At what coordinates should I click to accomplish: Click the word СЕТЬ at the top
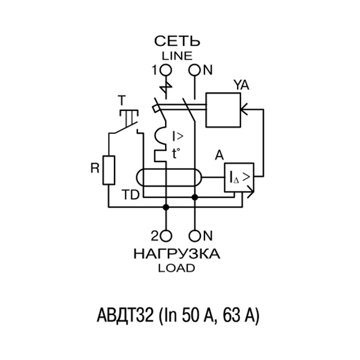point(178,41)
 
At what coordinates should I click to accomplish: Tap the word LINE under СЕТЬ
point(178,56)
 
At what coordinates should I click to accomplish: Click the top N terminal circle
point(195,71)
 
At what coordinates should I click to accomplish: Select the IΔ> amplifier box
point(239,177)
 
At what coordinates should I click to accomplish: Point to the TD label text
point(130,196)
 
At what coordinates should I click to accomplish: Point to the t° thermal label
point(176,153)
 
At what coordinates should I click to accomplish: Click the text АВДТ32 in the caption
point(124,315)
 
